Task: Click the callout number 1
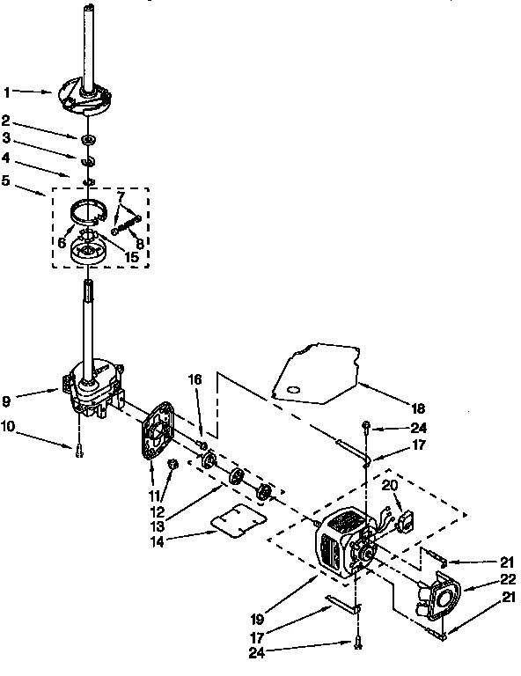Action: tap(7, 90)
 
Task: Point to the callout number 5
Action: tap(7, 180)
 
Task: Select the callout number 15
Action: tap(132, 256)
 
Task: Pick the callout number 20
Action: tap(392, 485)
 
